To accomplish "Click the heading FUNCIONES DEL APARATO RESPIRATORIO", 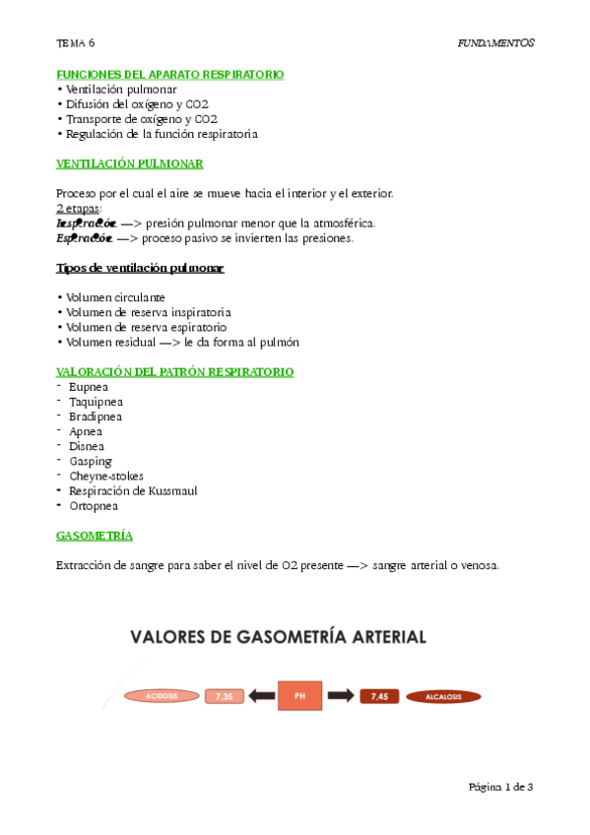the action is [x=169, y=74].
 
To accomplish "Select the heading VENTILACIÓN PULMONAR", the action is [x=129, y=163].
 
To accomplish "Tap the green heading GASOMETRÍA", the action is [x=95, y=536].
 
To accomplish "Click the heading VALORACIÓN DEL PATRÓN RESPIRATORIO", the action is [x=174, y=372].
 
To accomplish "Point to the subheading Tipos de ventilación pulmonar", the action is [x=139, y=268].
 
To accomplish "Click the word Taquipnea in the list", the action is [x=97, y=402].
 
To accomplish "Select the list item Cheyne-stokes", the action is [x=106, y=476].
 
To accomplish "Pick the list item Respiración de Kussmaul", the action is [x=133, y=490].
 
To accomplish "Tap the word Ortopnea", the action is [x=94, y=505].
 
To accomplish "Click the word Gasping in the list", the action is [x=91, y=461].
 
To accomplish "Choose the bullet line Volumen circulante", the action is [x=115, y=297].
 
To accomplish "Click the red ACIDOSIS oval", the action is [x=161, y=696].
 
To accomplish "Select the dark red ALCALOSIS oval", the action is [x=443, y=697].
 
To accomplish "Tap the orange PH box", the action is [x=300, y=695].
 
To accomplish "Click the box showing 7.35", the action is [x=224, y=696].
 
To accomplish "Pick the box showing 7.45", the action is [x=378, y=696].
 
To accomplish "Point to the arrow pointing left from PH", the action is [x=262, y=696].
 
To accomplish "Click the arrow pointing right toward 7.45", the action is [x=340, y=696].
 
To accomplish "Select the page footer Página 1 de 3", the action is [x=500, y=787].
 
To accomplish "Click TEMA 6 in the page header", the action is [x=76, y=43].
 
